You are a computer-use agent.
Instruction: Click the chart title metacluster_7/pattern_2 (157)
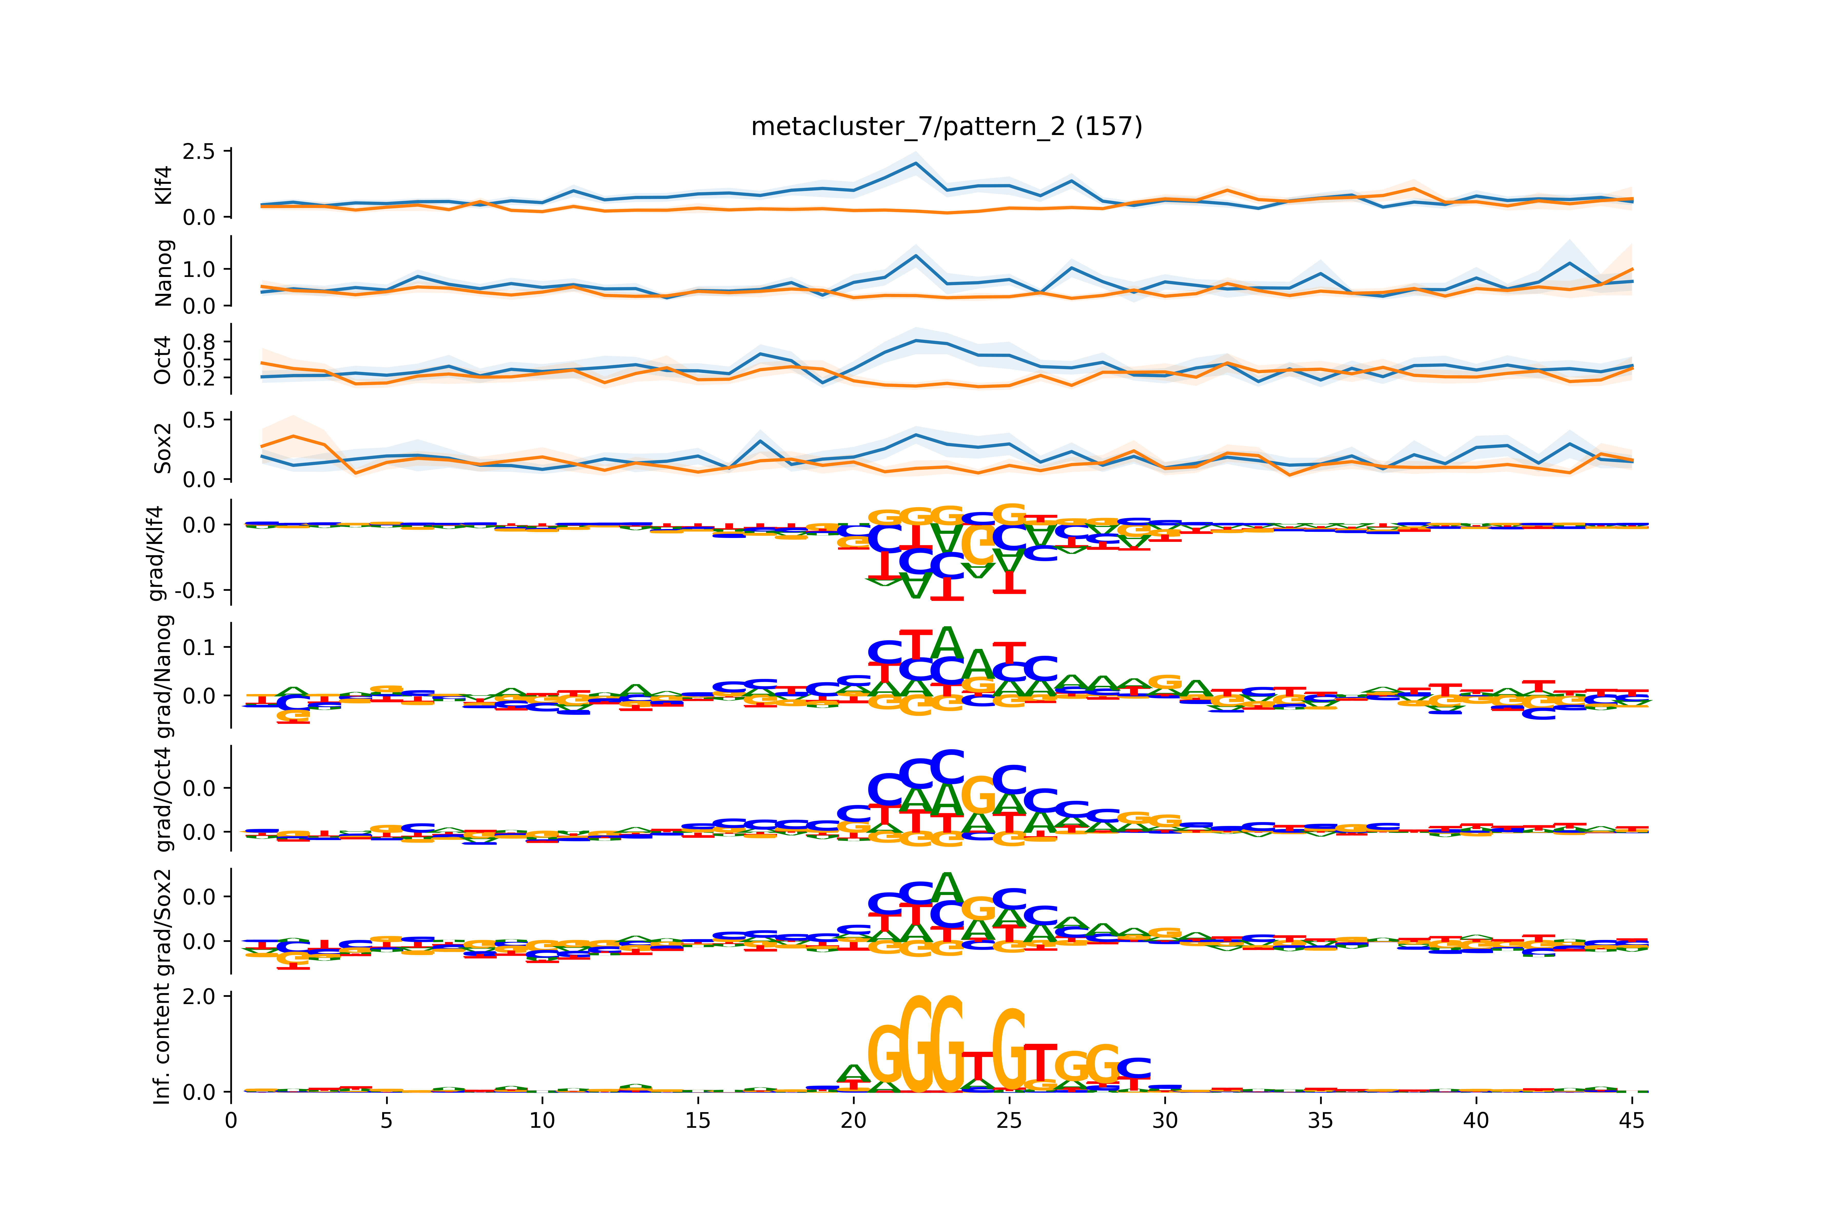click(x=946, y=127)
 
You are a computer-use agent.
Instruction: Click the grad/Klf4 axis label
click(x=157, y=553)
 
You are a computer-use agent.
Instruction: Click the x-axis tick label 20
click(x=853, y=1120)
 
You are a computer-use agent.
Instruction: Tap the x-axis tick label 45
click(x=1631, y=1120)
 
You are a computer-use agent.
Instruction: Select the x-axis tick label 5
click(x=386, y=1120)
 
